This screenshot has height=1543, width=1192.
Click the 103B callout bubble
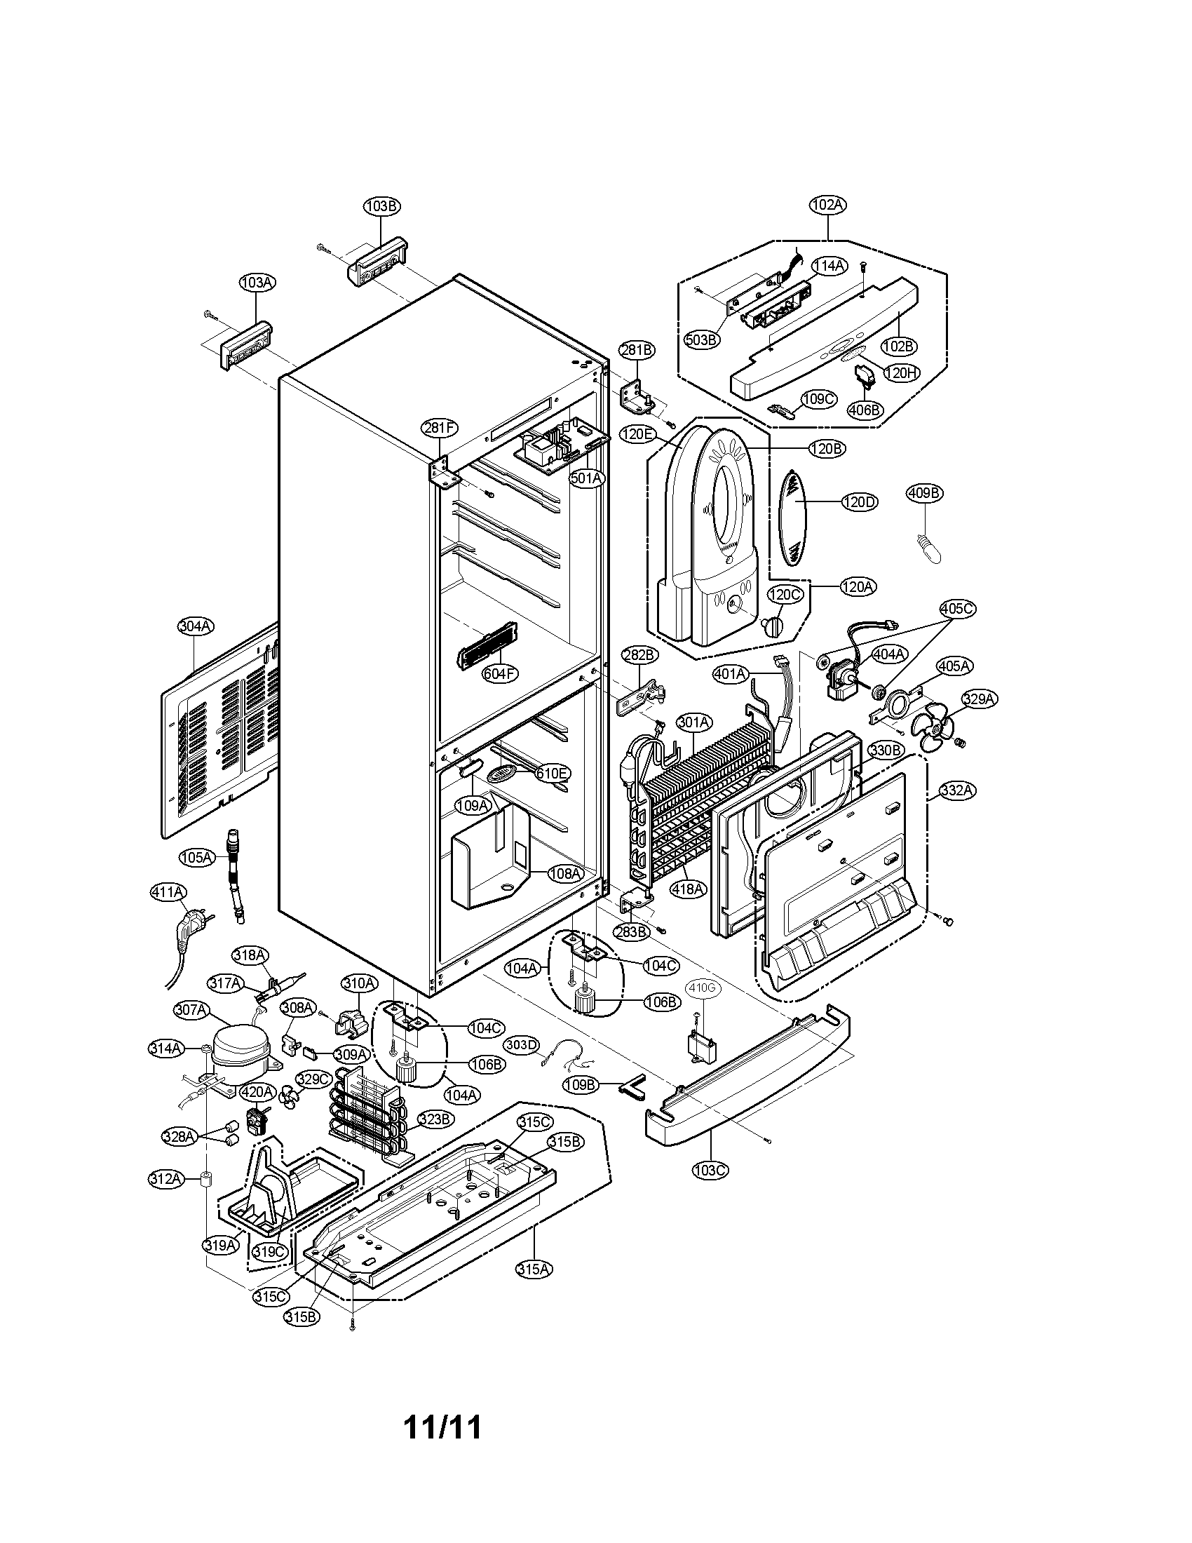381,206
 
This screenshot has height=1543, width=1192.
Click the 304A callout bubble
196,626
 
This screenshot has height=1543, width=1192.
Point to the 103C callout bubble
710,1169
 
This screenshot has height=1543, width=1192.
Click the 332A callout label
957,791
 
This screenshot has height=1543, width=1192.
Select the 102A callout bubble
827,205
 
